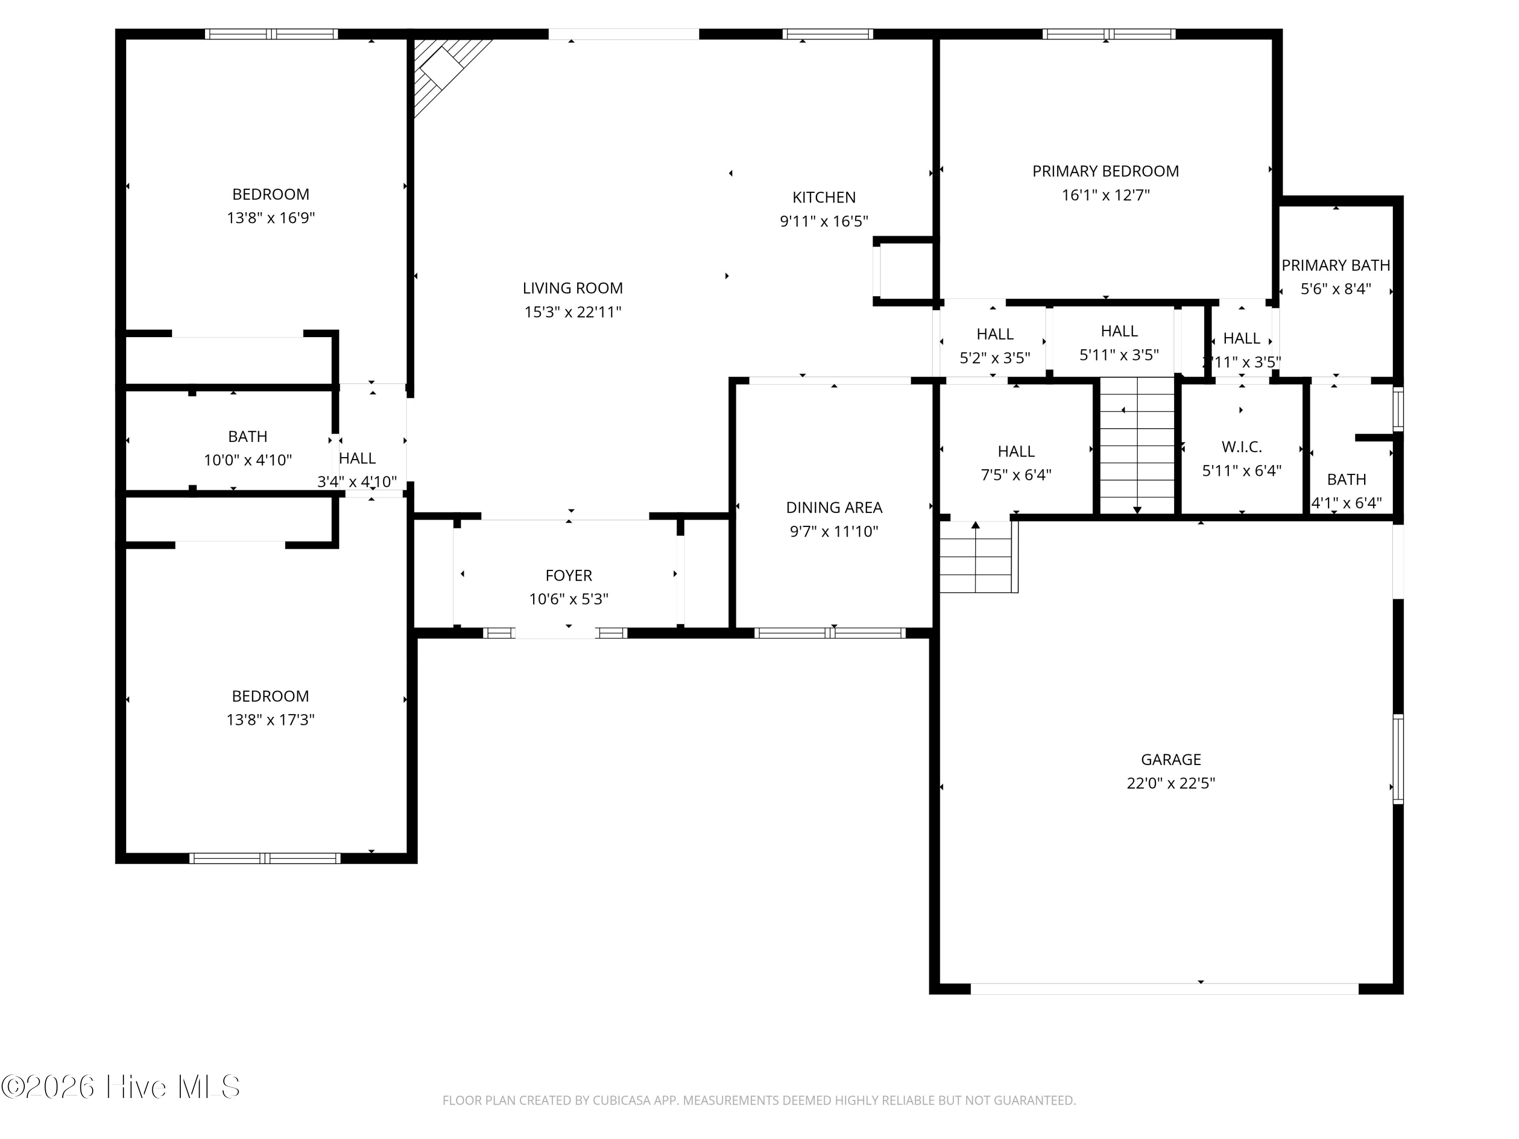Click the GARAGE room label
coord(1171,759)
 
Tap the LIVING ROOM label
coord(573,289)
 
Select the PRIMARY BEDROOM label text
coord(1106,171)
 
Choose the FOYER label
coord(569,576)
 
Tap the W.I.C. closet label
coord(1242,447)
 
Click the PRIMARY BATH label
coord(1336,265)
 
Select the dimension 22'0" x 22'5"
coord(1171,783)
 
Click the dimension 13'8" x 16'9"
coord(270,218)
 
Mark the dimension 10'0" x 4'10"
coord(248,460)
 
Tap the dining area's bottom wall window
coord(830,633)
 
